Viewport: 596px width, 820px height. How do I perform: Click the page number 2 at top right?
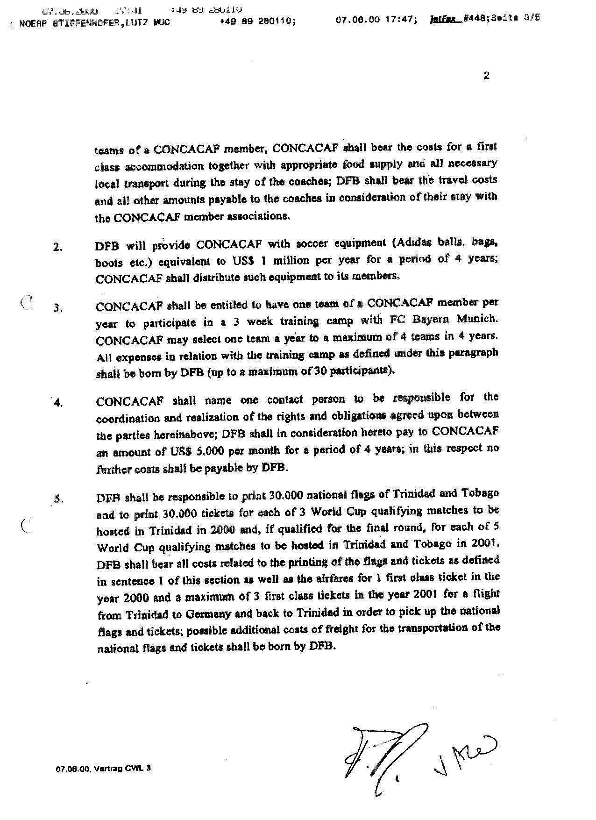(487, 76)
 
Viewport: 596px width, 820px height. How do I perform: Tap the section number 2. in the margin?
(58, 248)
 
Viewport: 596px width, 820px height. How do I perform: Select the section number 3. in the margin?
(58, 308)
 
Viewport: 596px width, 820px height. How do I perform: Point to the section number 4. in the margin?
(58, 403)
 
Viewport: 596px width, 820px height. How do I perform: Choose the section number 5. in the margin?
(58, 499)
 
